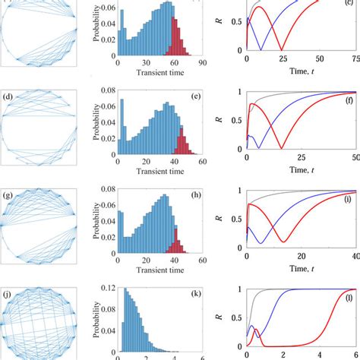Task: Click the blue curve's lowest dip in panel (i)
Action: (261, 244)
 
